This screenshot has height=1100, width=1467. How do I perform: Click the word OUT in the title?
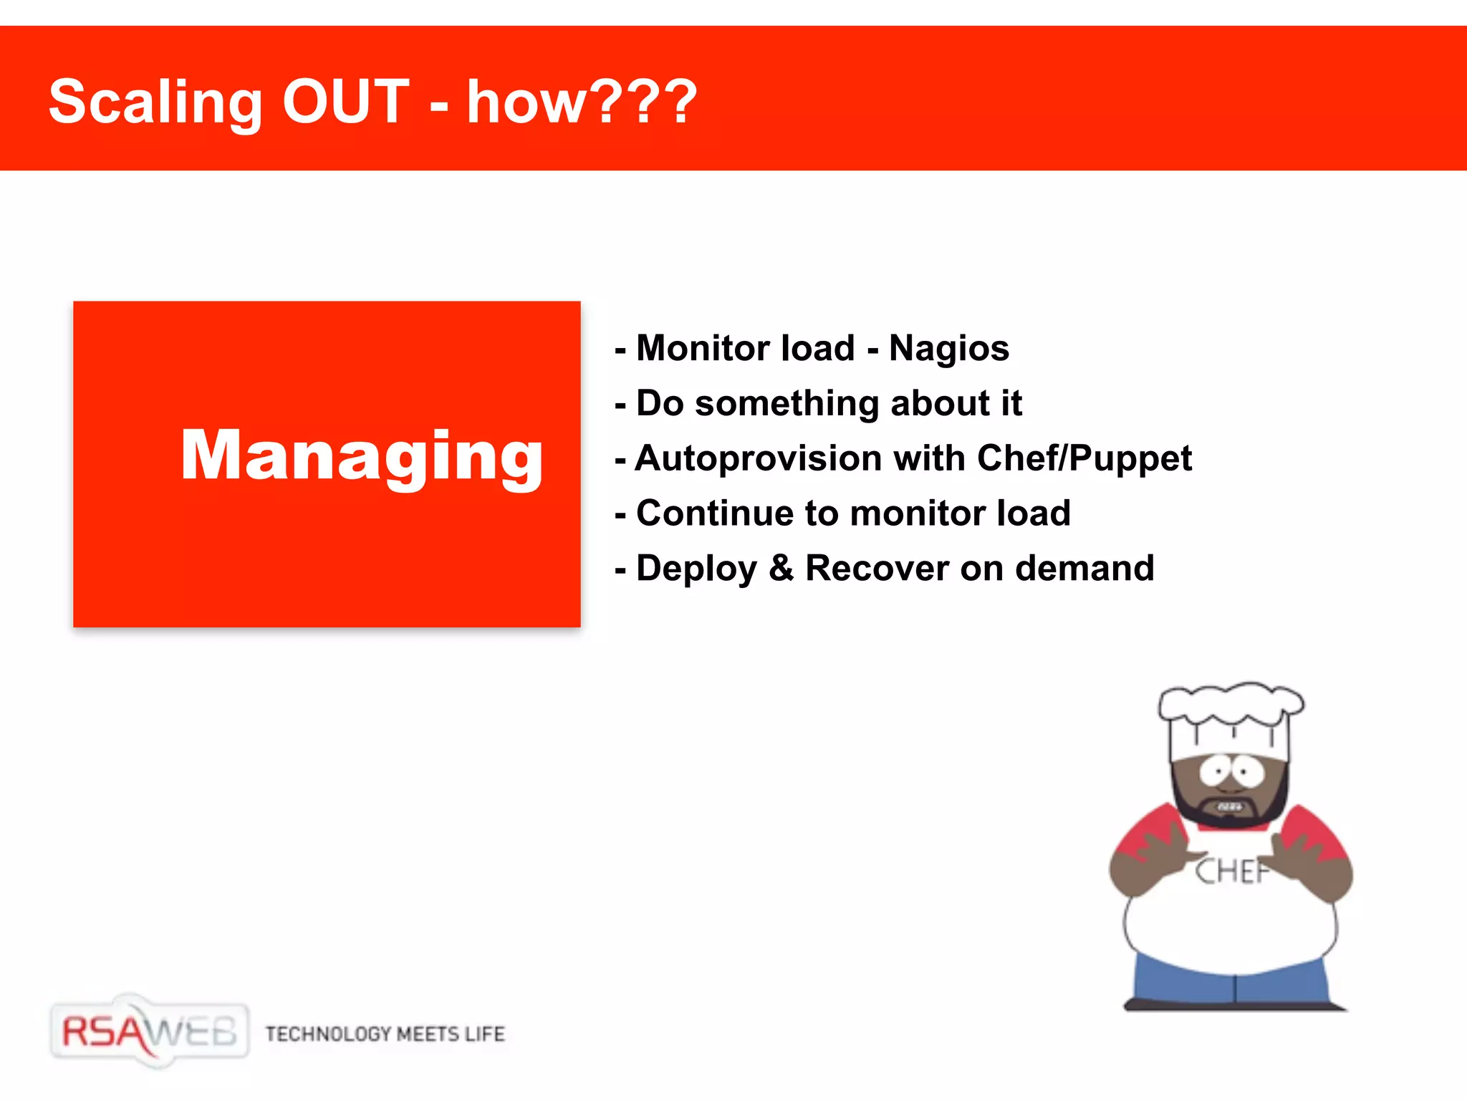click(x=345, y=102)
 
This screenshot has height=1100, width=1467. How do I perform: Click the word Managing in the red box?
click(x=362, y=456)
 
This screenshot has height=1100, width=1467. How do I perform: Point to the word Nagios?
click(x=948, y=349)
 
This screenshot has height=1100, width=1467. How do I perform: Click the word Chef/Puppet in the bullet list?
click(x=1084, y=458)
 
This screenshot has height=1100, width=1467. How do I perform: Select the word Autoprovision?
click(x=759, y=459)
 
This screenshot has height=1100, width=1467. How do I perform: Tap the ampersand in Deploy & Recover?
click(x=781, y=568)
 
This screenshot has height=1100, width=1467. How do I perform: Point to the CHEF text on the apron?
click(x=1230, y=872)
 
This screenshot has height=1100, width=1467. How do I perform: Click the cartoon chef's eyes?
click(x=1231, y=772)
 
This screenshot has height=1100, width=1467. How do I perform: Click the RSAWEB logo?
click(x=149, y=1032)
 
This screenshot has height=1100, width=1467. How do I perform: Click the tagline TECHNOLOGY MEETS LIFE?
click(x=385, y=1034)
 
